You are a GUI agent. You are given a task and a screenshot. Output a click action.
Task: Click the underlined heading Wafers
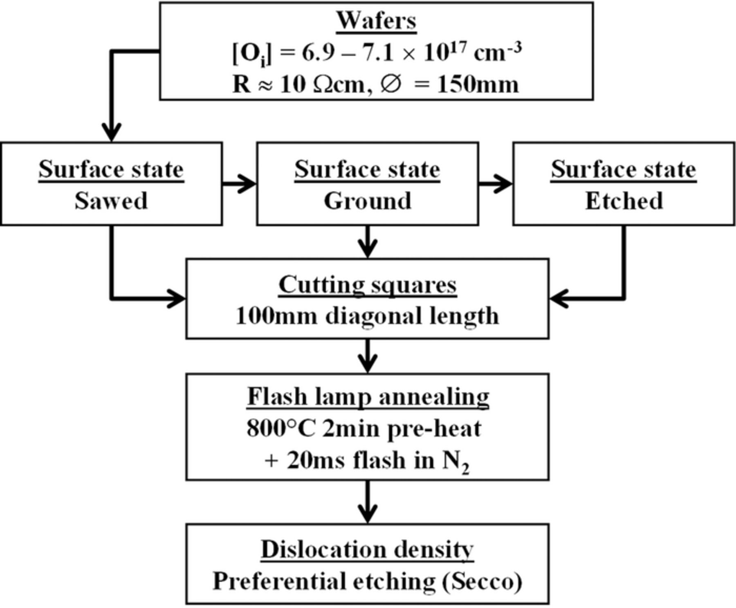click(376, 20)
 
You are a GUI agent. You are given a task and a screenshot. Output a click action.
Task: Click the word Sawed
click(111, 201)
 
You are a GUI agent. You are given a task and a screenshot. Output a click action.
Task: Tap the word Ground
click(368, 201)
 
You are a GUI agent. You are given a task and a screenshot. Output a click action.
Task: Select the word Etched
click(624, 201)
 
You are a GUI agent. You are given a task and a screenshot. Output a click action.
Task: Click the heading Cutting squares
click(368, 285)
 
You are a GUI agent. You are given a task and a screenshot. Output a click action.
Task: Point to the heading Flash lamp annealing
click(368, 396)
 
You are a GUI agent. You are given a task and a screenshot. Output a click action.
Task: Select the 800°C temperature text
click(281, 429)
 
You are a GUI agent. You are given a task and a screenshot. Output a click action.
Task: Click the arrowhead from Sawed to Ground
click(247, 183)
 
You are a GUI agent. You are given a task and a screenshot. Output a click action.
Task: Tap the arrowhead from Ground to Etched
click(503, 183)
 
